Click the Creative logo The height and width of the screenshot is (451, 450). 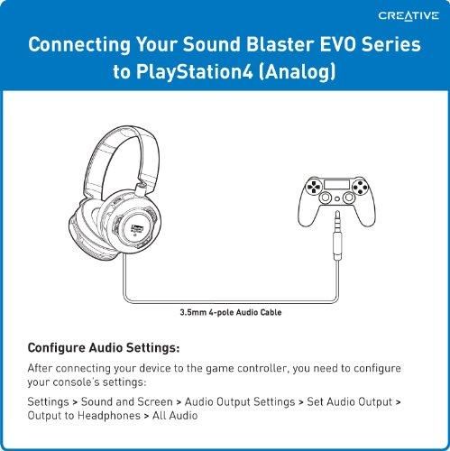pos(409,16)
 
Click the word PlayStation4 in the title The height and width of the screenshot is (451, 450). pos(195,71)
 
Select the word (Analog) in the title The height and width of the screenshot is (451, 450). pos(297,72)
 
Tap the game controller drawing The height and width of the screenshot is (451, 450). pos(336,201)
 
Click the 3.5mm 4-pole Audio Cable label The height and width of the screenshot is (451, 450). pos(231,312)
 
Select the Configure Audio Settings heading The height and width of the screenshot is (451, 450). pos(104,348)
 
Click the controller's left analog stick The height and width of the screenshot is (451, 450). pos(326,198)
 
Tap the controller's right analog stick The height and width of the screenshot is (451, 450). pos(349,198)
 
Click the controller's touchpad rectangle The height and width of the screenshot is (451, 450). pos(336,184)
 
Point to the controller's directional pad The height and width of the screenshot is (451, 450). pos(314,187)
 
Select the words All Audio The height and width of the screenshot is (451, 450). pos(175,416)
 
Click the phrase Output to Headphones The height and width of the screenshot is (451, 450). pos(84,416)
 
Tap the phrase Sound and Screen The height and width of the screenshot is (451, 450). pos(127,402)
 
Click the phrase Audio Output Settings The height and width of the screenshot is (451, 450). pos(240,402)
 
